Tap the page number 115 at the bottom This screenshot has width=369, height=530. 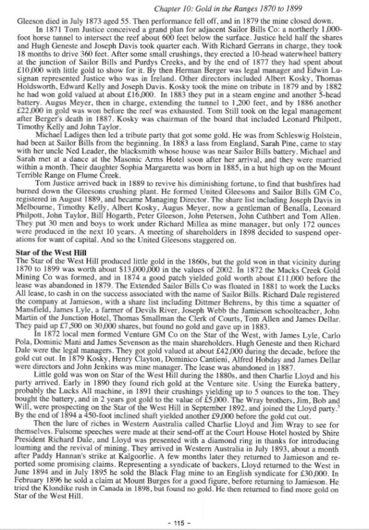point(184,523)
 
